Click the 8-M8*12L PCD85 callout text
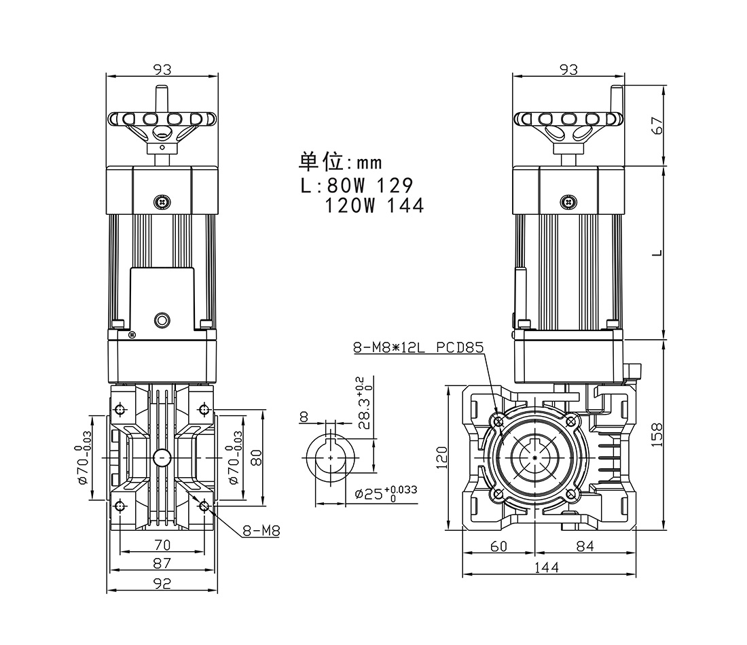[418, 348]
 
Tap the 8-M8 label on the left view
[261, 531]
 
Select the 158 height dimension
[655, 434]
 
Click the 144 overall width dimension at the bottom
[547, 568]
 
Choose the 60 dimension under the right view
[499, 546]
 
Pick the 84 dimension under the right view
[585, 546]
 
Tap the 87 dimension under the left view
[162, 563]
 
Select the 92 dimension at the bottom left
[162, 582]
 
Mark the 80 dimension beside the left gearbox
[256, 457]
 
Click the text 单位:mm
[341, 162]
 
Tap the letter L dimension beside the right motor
[656, 253]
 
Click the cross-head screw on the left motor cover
[162, 201]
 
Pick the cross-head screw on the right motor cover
[568, 201]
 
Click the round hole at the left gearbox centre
[162, 458]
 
